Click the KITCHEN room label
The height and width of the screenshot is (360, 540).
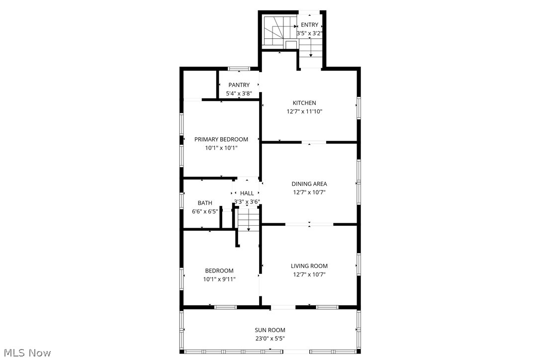304,103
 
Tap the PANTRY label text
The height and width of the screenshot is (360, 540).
239,85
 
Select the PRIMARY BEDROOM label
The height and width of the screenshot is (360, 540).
221,139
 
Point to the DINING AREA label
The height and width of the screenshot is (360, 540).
309,184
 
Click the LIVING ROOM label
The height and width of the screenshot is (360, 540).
309,266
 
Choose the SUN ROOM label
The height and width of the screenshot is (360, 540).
270,330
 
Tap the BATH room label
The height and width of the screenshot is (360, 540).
205,203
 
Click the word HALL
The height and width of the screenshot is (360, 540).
247,193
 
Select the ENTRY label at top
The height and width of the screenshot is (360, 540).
309,25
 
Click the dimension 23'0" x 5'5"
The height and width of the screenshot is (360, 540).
270,339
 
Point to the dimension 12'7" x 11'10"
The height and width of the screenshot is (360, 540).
304,112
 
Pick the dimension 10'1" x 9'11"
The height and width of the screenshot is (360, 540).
219,279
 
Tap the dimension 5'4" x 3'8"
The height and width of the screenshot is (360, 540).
239,93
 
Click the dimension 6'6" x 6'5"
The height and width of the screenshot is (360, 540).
205,211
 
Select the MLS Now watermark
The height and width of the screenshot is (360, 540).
26,353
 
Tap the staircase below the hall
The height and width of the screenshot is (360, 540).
248,220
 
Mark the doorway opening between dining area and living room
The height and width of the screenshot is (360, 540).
309,225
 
